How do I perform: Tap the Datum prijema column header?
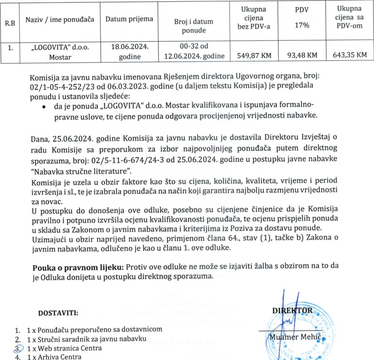pos(129,19)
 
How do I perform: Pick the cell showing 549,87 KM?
pos(254,55)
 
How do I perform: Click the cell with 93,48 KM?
pos(302,55)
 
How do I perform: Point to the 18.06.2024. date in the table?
pos(130,48)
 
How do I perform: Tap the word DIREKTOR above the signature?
pos(292,310)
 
